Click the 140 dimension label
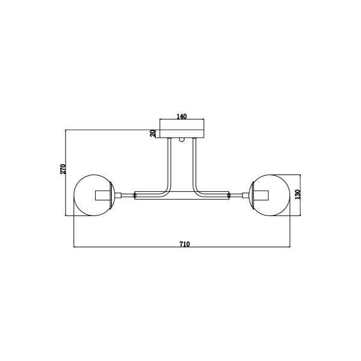[x=182, y=117]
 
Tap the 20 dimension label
[x=153, y=133]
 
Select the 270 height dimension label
[x=63, y=169]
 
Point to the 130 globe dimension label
[x=298, y=194]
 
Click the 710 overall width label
[x=185, y=244]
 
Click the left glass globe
[x=74, y=195]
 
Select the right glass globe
[x=289, y=195]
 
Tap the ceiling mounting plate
[x=182, y=134]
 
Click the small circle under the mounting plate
[x=182, y=140]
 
